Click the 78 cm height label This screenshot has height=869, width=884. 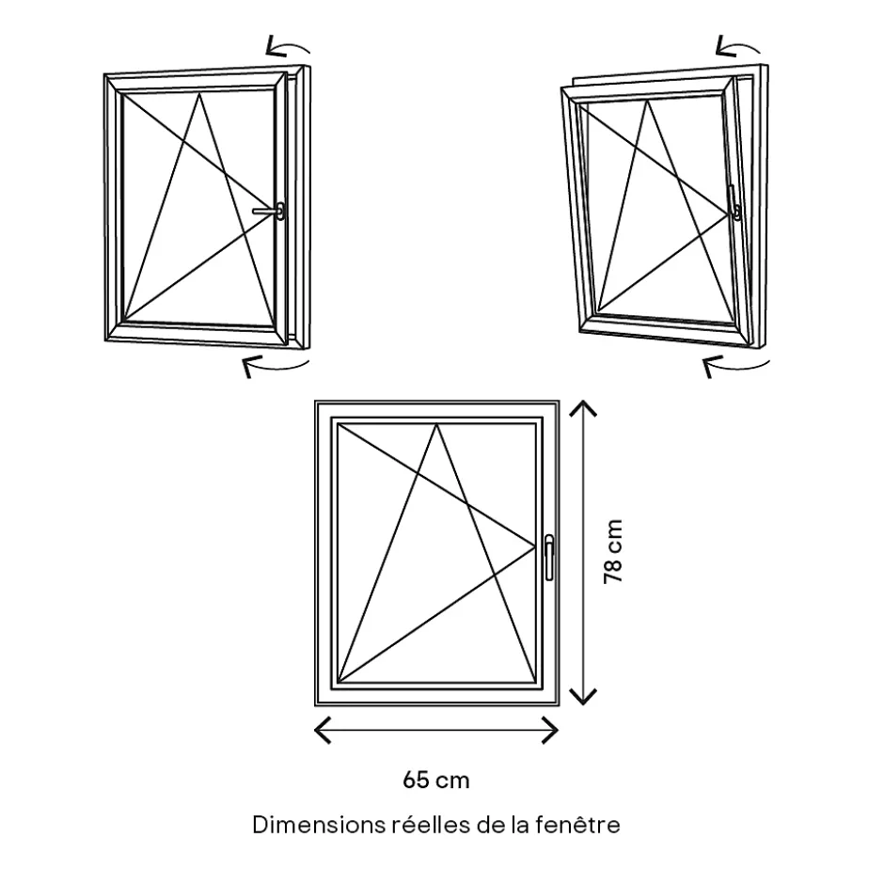(612, 553)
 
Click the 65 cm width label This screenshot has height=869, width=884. (435, 780)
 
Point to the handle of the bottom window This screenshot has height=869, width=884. (549, 557)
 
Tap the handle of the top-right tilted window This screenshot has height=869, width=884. (733, 202)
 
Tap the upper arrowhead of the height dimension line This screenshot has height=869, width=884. (585, 408)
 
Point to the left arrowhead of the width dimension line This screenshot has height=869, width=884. (322, 729)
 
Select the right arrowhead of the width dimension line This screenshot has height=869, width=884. (552, 729)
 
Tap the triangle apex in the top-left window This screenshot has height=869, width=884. (200, 95)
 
